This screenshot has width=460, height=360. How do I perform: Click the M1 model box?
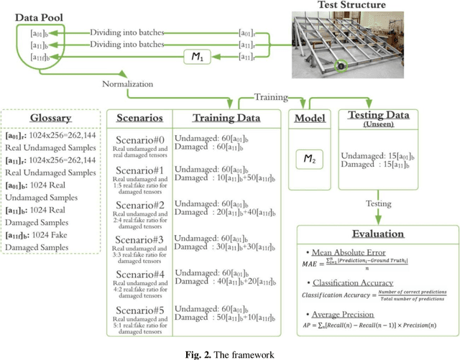[193, 56]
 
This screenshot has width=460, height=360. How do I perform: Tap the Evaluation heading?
[377, 234]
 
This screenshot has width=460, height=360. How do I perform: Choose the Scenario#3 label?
[138, 238]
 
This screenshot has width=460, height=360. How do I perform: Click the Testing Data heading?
[379, 115]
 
